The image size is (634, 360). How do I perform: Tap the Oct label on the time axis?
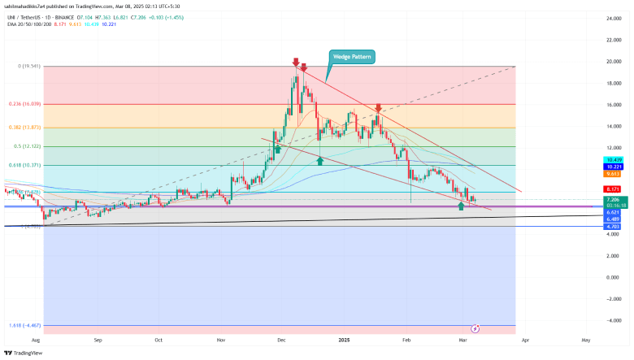(158, 342)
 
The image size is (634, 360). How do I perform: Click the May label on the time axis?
(585, 342)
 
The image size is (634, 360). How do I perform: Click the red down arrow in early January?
(378, 107)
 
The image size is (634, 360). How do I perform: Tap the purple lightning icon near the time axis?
(475, 329)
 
